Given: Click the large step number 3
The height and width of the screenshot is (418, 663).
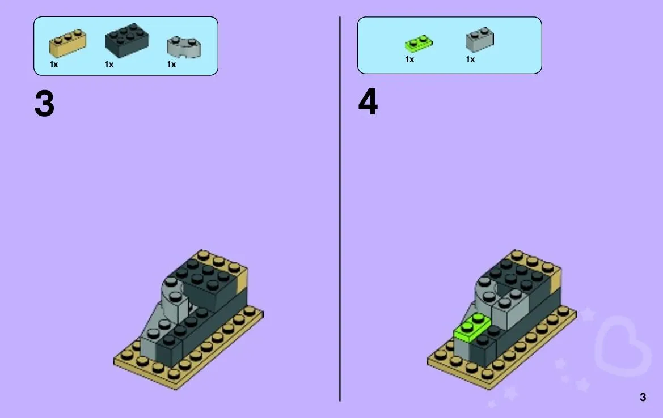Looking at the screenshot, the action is (x=44, y=104).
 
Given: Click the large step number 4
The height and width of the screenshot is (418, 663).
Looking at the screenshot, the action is (x=368, y=102).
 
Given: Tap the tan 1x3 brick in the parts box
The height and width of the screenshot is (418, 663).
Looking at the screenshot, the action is (x=67, y=43).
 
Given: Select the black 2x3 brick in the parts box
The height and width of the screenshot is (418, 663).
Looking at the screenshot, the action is (x=127, y=40).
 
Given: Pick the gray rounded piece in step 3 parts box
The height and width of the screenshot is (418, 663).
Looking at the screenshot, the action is (x=184, y=47).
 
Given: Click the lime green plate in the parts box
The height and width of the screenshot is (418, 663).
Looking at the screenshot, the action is (x=419, y=43).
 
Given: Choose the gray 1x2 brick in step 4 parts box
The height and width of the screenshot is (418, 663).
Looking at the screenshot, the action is (x=480, y=40).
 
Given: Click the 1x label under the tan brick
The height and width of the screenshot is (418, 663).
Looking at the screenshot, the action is (x=54, y=65).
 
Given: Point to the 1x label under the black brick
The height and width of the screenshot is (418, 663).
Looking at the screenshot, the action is (x=109, y=65).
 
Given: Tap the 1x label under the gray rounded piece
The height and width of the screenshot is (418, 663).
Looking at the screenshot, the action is (x=171, y=65).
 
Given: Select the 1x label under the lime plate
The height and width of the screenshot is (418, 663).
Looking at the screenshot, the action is (x=409, y=59).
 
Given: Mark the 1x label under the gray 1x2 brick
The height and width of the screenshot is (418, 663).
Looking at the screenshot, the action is (x=470, y=59).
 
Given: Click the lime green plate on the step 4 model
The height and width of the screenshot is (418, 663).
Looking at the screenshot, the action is (x=472, y=328).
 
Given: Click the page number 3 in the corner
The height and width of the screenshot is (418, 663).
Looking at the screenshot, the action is (x=643, y=397).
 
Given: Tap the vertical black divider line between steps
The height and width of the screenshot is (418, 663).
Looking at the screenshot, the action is (x=340, y=209).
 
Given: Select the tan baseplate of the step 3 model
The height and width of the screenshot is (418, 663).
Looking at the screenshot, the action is (x=188, y=351).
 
